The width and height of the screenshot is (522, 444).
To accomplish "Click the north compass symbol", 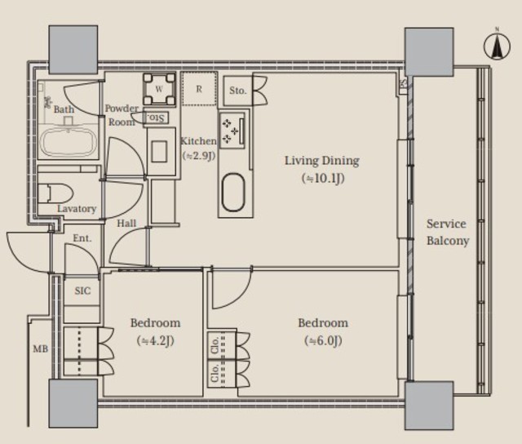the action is (497, 46).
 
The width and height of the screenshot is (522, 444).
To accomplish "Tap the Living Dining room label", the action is (322, 170).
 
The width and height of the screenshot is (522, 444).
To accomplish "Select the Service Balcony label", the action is (448, 232).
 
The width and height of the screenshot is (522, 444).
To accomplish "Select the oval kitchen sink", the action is (234, 192).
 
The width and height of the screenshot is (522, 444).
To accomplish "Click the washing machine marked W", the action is (159, 89).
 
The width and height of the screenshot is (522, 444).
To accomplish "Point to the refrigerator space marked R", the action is (199, 89).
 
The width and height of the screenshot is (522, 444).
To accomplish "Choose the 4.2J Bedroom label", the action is (156, 331).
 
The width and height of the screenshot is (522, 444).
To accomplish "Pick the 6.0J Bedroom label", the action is (323, 331).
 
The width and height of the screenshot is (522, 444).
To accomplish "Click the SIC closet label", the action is (82, 291).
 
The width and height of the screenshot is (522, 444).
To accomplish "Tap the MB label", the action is (40, 349).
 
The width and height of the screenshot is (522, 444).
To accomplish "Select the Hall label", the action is (126, 223).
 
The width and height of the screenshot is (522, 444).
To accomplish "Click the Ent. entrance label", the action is (82, 238).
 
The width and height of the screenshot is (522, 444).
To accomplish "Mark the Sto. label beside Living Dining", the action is (237, 91).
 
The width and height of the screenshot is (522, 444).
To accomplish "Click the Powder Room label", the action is (122, 115).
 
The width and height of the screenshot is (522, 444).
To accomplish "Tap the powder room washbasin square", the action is (159, 152).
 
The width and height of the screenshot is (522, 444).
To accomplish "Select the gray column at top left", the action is (73, 49).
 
